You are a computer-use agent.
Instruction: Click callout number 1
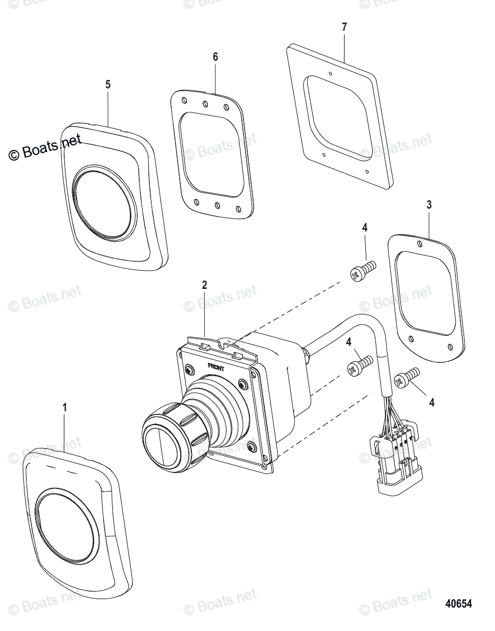pos(65,408)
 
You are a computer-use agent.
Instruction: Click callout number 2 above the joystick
pos(204,285)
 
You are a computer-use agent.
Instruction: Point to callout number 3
pos(429,204)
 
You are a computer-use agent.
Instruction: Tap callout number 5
pos(108,84)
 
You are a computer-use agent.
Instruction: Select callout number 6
pos(215,57)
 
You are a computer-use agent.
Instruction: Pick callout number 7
pos(344,27)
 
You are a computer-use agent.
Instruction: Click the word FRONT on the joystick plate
pos(216,367)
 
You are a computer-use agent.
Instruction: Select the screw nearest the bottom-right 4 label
pos(408,377)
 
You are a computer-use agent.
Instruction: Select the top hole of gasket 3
pos(421,244)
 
